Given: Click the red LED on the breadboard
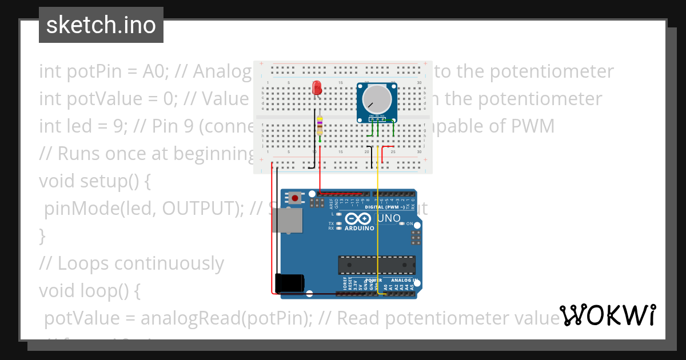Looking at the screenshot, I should tap(317, 88).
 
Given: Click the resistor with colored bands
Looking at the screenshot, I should tap(320, 126).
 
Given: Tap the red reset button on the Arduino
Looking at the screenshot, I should tap(295, 198).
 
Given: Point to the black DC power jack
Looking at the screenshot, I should tap(289, 283).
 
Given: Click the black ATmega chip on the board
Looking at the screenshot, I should tap(377, 265).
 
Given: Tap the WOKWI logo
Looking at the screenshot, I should tap(607, 315).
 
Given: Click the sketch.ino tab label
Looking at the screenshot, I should tap(101, 25).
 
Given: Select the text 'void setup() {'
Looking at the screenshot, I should tap(95, 181).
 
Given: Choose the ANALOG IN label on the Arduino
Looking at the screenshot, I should tap(404, 281).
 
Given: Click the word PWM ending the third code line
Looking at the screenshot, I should tap(532, 126).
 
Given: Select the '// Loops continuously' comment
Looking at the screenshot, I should tap(131, 263).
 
